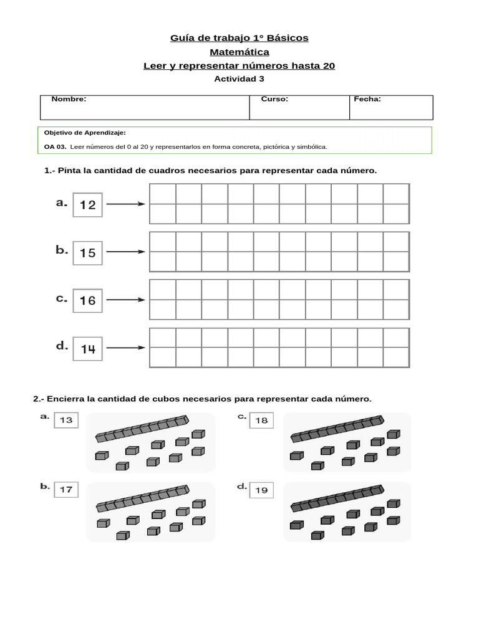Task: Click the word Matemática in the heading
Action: (239, 52)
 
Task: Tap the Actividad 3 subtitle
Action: (239, 79)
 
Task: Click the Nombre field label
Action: (69, 99)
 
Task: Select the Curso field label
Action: (274, 99)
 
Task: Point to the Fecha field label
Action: (367, 99)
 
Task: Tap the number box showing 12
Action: (88, 204)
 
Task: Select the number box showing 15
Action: (88, 252)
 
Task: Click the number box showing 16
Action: (88, 300)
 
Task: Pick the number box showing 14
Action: (88, 349)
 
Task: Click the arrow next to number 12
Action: (125, 204)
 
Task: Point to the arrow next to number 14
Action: (125, 348)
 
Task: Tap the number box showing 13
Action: (66, 421)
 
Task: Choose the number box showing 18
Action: (261, 421)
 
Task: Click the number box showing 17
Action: (66, 490)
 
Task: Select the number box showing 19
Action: (261, 490)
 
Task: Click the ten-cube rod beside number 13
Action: (141, 429)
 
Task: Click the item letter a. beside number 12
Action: (61, 202)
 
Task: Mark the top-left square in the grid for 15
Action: (162, 242)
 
